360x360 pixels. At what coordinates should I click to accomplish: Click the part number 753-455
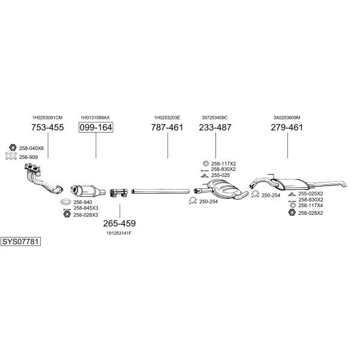click(x=47, y=127)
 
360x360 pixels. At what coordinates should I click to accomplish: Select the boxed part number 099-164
click(x=96, y=127)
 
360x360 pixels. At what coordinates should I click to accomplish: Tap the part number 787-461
click(x=167, y=127)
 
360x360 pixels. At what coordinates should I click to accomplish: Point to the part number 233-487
click(x=215, y=127)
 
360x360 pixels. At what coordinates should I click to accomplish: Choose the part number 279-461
click(x=287, y=127)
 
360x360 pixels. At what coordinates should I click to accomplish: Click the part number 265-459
click(x=119, y=223)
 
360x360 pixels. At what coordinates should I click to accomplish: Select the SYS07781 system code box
click(x=20, y=242)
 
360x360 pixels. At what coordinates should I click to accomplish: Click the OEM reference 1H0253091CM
click(x=47, y=118)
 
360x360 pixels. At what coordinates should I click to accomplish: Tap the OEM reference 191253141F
click(x=119, y=233)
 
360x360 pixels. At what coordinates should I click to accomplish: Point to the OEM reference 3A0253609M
click(x=287, y=118)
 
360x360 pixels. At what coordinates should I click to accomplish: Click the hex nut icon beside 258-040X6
click(x=13, y=148)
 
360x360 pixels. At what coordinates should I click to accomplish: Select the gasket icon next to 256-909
click(x=11, y=156)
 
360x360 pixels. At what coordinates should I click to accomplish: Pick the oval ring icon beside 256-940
click(x=66, y=202)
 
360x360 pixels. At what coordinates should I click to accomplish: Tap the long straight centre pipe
click(x=160, y=191)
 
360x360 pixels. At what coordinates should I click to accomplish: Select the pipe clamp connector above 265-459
click(x=118, y=193)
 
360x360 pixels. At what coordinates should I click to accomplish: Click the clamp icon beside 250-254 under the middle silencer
click(x=193, y=201)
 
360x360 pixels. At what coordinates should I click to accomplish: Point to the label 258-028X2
click(x=311, y=213)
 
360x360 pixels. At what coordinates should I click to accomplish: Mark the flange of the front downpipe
click(x=32, y=167)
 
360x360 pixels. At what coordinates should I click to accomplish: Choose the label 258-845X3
click(x=86, y=208)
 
